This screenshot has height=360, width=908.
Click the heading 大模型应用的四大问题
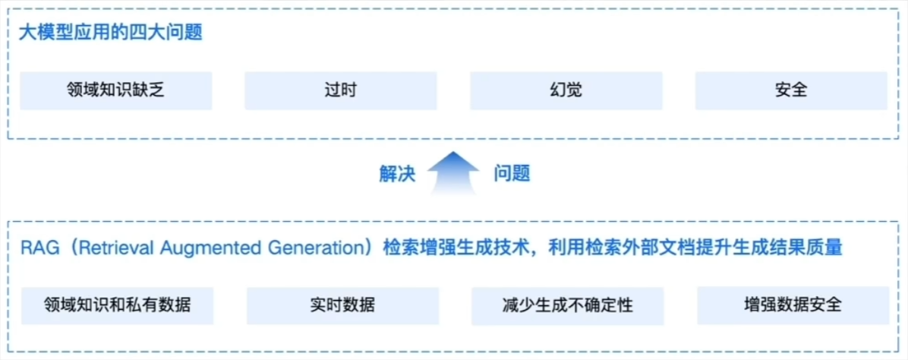pyautogui.click(x=111, y=33)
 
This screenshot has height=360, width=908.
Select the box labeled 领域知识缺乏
pyautogui.click(x=116, y=90)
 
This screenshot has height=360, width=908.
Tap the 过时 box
pyautogui.click(x=340, y=90)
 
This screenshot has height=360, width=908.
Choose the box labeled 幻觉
pyautogui.click(x=566, y=90)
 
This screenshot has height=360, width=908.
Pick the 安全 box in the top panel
pyautogui.click(x=791, y=90)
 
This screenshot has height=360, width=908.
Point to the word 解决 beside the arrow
pyautogui.click(x=397, y=174)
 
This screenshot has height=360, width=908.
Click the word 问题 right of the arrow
pyautogui.click(x=512, y=174)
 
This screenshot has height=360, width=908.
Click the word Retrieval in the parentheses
pyautogui.click(x=114, y=248)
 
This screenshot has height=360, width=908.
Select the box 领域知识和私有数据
pyautogui.click(x=117, y=305)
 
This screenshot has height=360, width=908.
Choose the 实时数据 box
pyautogui.click(x=343, y=305)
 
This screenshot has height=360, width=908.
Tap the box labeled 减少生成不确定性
pyautogui.click(x=568, y=305)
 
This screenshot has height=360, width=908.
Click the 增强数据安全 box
pyautogui.click(x=793, y=305)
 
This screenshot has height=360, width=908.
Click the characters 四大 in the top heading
pyautogui.click(x=148, y=33)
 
